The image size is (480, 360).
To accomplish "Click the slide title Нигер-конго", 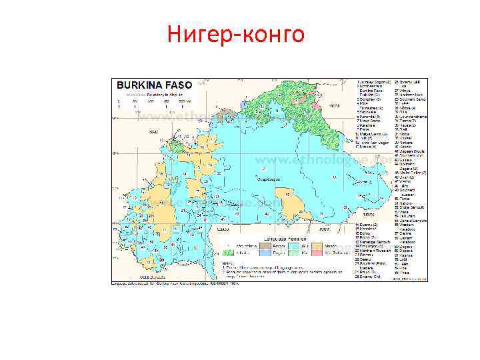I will click(x=236, y=33).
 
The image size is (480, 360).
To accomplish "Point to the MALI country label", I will click(x=154, y=132).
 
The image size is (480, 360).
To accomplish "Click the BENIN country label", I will click(x=366, y=215).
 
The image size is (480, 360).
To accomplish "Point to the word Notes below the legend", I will click(x=227, y=261).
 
